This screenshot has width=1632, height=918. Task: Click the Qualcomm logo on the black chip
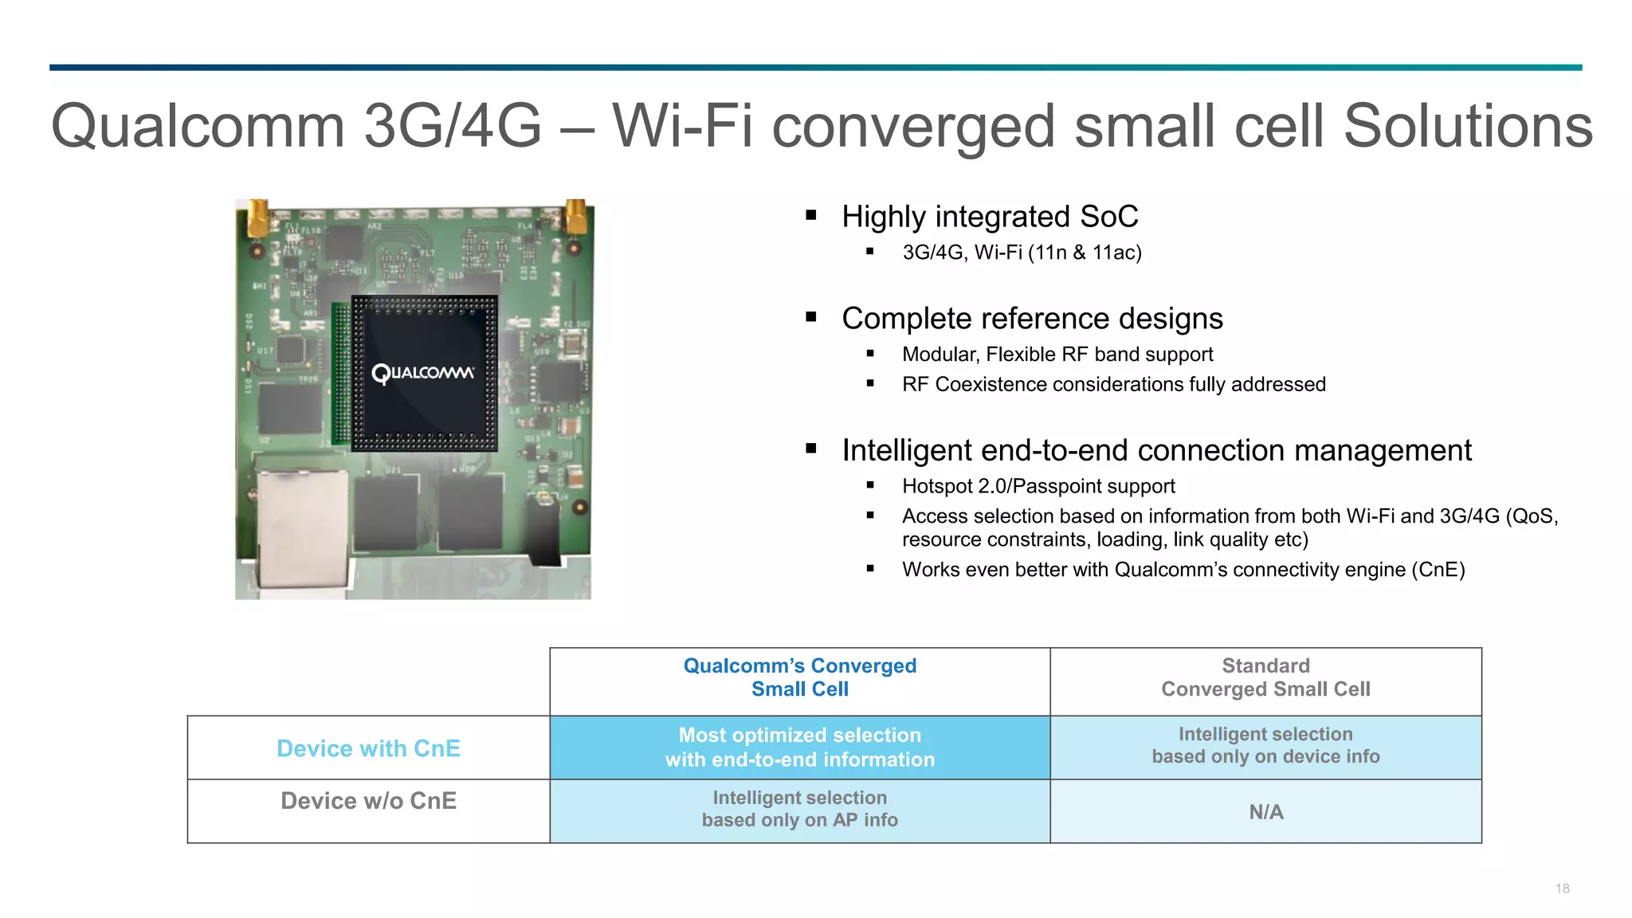coord(422,373)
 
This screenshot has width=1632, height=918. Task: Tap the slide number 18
coord(1562,889)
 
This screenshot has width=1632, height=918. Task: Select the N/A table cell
coord(1265,812)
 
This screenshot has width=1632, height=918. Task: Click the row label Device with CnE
coord(368,748)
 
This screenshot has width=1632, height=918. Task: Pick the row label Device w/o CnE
coord(368,801)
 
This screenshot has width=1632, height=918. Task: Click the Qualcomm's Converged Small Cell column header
coord(799,677)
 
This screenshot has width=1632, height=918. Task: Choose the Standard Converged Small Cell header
coord(1265,677)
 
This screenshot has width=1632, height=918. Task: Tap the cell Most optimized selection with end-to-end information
coord(799,747)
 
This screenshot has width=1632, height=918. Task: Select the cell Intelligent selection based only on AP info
coord(799,810)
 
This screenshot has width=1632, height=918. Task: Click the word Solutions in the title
coord(1468,126)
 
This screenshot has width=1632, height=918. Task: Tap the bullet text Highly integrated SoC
coord(990,217)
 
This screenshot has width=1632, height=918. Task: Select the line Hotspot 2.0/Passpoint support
coord(1038,486)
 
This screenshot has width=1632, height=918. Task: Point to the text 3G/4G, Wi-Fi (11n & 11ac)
coord(1022,253)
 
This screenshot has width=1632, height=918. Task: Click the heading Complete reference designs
coord(1032,319)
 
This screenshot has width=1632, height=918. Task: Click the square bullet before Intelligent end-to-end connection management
coord(811,449)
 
